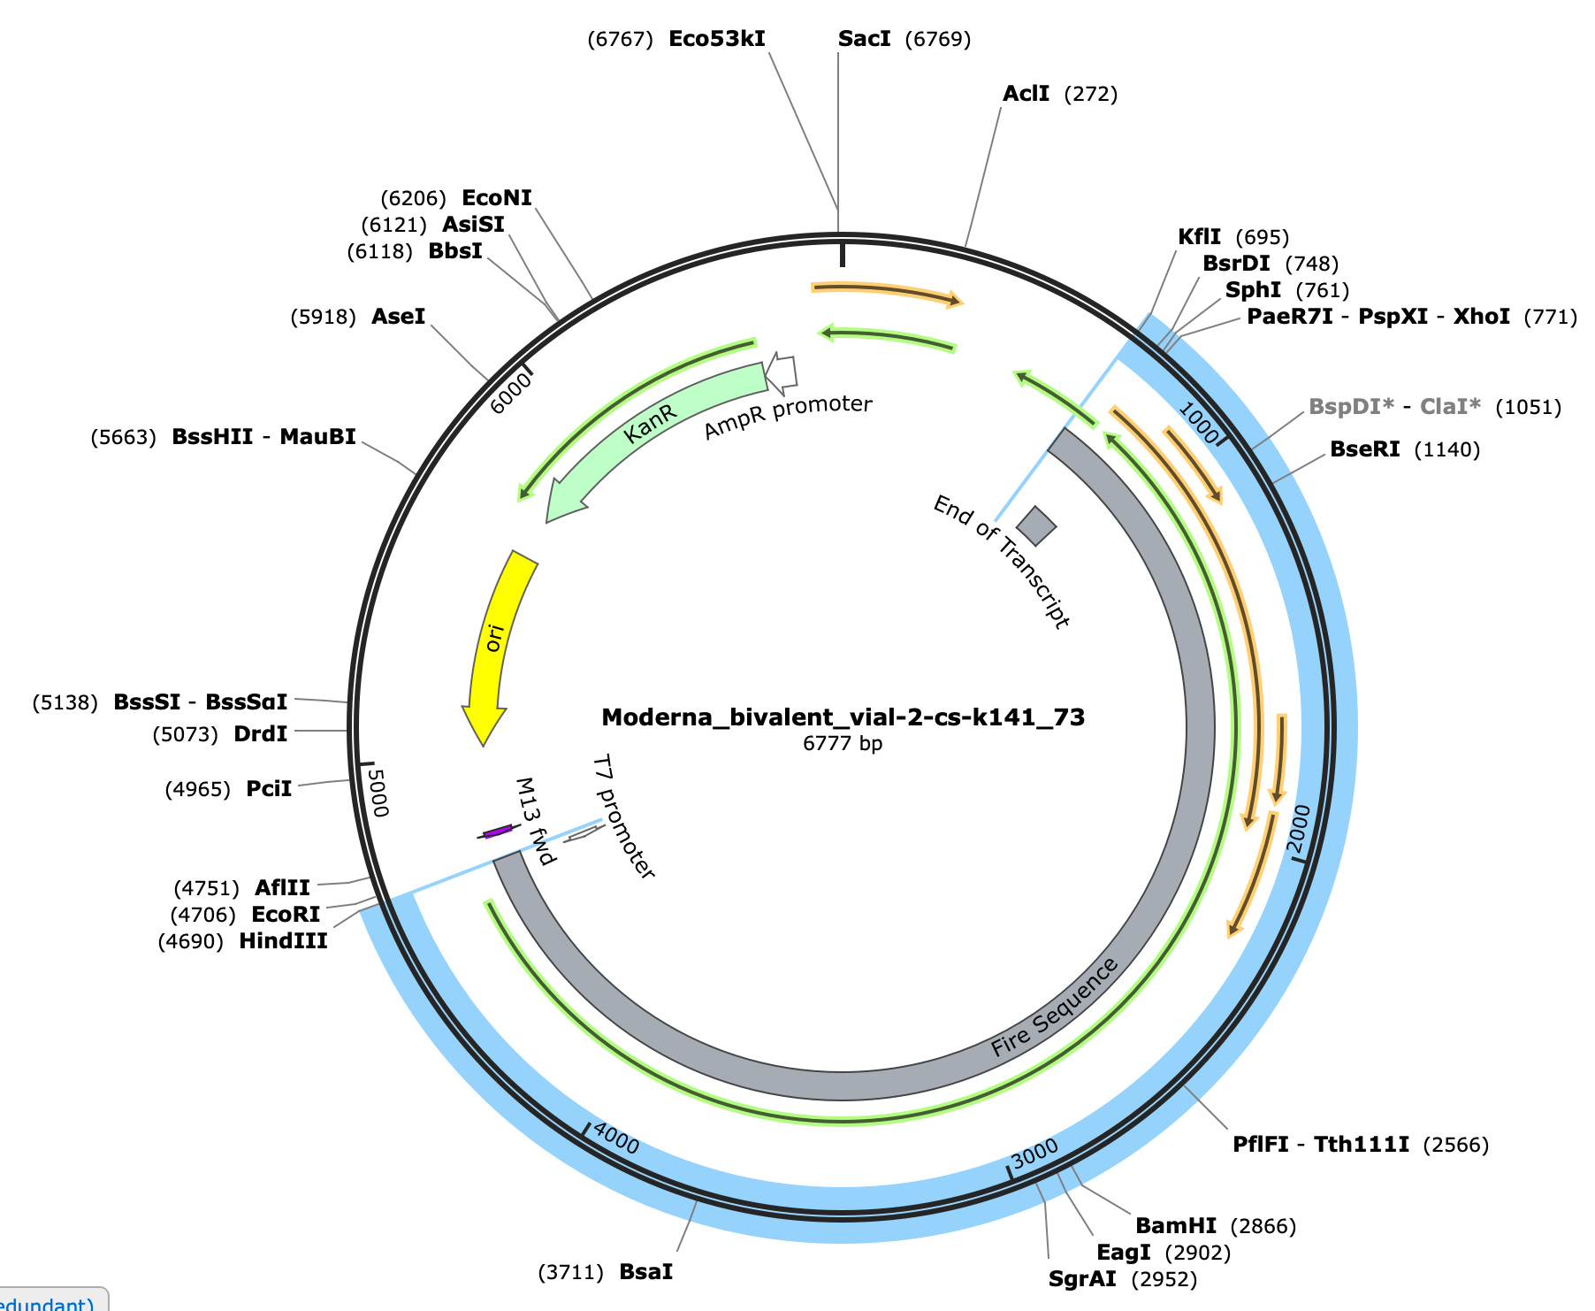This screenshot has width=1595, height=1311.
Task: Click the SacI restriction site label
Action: tap(864, 39)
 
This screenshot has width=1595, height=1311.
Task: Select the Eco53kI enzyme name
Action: tap(716, 39)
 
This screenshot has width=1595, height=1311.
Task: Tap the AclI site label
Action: tap(1026, 94)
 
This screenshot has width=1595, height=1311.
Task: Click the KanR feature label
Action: tap(650, 424)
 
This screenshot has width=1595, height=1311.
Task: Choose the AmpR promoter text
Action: tap(788, 416)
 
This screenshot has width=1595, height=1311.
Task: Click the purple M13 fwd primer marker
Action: tap(498, 832)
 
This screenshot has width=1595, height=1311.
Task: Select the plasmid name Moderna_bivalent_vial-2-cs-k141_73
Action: tap(843, 717)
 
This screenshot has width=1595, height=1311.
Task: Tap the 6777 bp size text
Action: tap(843, 743)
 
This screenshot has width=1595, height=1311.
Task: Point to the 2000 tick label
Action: tap(1300, 825)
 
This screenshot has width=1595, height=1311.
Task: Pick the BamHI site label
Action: tap(1175, 1225)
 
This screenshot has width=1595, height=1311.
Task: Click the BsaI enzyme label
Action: tap(645, 1271)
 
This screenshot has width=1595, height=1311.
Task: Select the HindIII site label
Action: tap(283, 940)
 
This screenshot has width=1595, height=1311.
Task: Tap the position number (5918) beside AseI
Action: tap(323, 317)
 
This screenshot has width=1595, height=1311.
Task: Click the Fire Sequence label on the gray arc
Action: tap(1054, 1008)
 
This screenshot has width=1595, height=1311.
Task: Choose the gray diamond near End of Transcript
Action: tap(1036, 525)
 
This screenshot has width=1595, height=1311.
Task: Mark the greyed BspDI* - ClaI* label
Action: tap(1394, 407)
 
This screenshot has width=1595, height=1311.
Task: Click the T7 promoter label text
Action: tap(623, 816)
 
